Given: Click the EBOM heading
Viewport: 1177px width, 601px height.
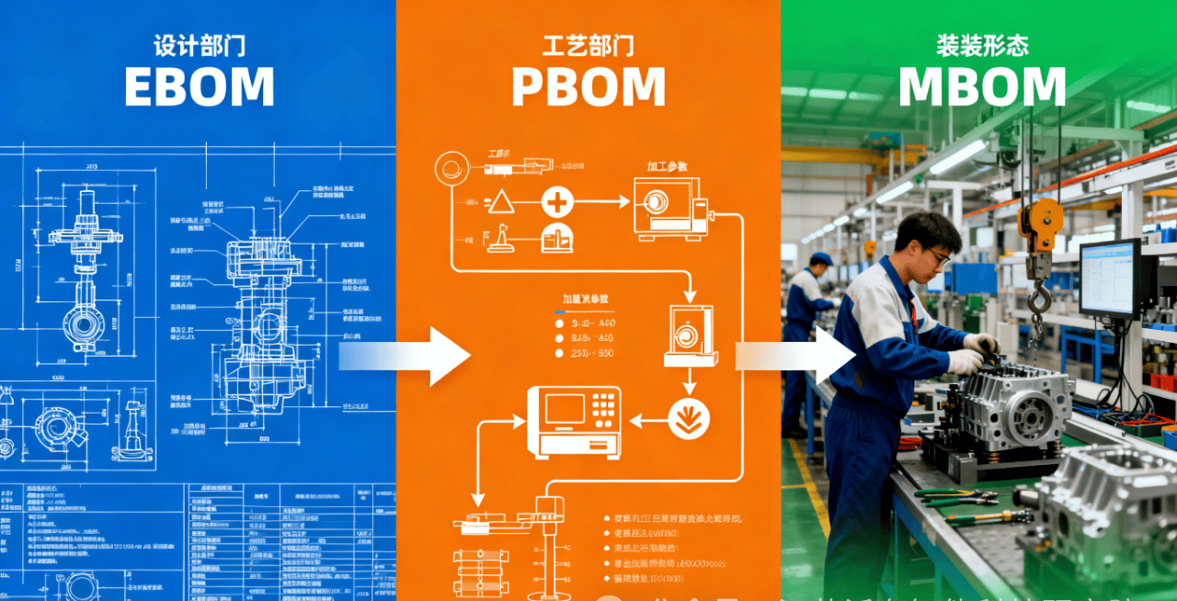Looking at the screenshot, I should pos(199,87).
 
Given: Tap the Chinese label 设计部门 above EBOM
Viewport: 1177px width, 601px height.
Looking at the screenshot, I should pos(199,44).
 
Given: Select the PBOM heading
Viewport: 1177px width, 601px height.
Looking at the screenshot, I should pos(588,87).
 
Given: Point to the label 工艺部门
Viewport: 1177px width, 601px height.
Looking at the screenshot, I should pos(588,44).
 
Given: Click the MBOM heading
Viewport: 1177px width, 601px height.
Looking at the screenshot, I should pos(982,87).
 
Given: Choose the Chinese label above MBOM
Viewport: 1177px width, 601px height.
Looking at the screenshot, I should pos(982,44).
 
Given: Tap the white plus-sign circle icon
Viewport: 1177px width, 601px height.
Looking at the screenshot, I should pos(557,200).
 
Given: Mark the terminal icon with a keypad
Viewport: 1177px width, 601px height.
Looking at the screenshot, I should pos(573,422).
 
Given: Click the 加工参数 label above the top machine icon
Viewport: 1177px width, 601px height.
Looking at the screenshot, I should pos(668,166).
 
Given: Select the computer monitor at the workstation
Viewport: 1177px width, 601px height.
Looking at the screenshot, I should pos(1110,278).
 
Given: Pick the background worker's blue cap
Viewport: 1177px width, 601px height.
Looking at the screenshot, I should pos(820,259).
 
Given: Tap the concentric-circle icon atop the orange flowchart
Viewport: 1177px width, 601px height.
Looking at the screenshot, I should pos(451,168).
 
